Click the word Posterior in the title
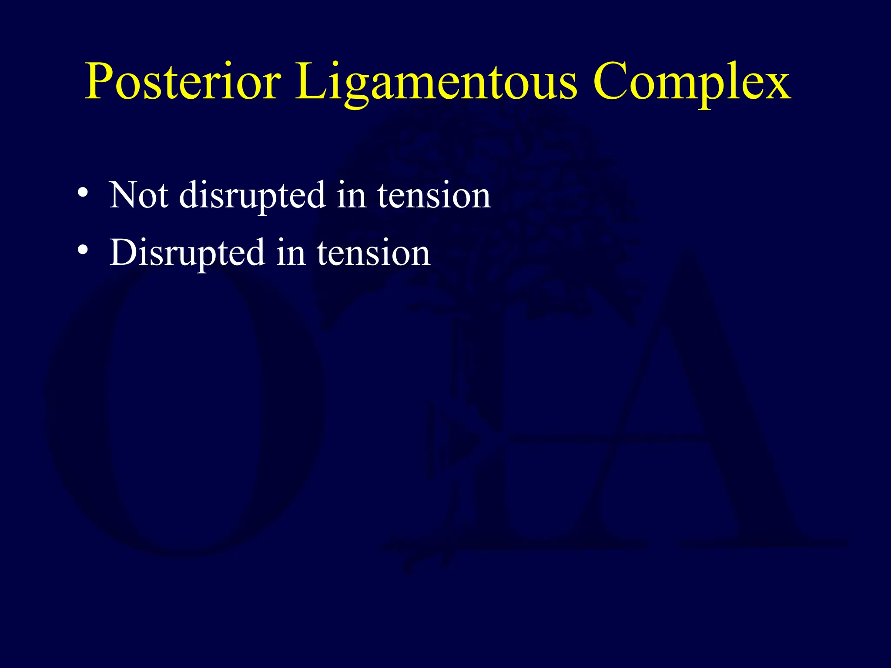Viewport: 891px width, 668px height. click(183, 82)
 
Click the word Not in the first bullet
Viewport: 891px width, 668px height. click(138, 196)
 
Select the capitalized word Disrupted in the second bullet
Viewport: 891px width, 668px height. click(187, 254)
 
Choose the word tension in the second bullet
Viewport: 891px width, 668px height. click(373, 253)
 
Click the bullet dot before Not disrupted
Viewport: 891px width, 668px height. click(83, 193)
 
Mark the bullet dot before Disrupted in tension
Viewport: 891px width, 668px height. click(83, 250)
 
